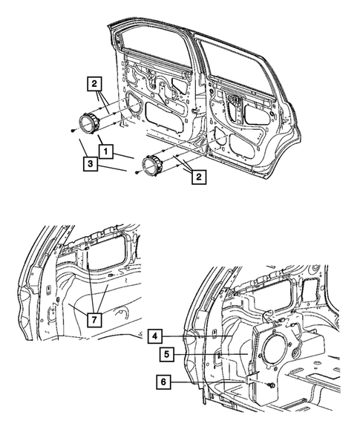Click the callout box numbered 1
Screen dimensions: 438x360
click(108, 151)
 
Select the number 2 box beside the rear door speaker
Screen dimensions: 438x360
click(198, 176)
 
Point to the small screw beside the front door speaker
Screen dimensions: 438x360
click(70, 131)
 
